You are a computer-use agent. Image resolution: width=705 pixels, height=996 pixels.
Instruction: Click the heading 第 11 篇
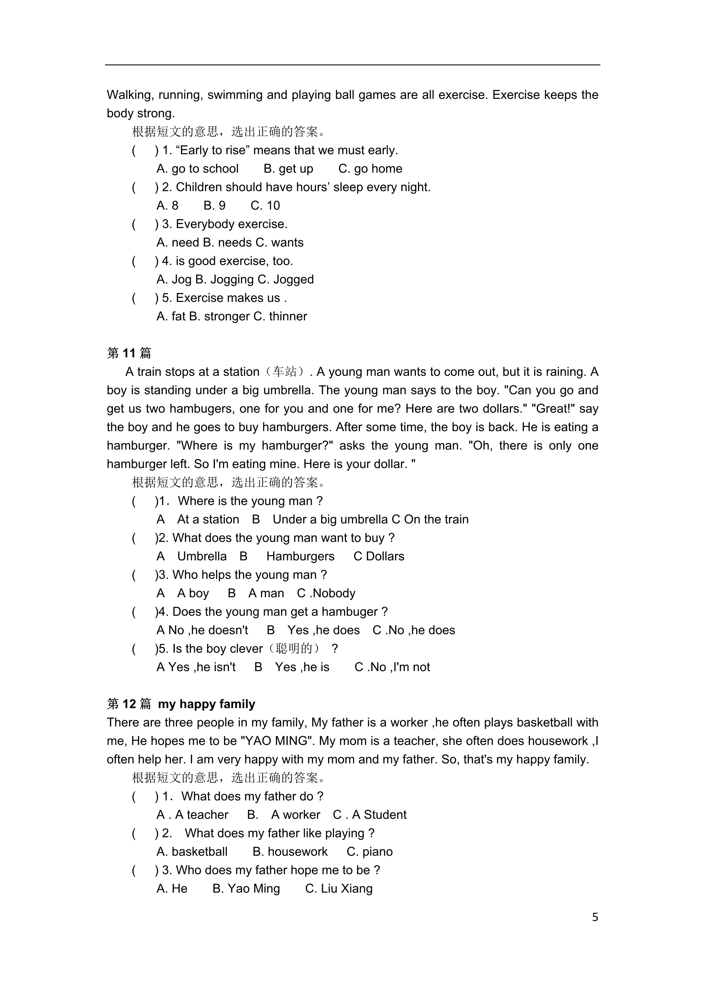pos(129,353)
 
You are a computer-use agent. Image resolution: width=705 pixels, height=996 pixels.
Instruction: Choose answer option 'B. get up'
pos(288,169)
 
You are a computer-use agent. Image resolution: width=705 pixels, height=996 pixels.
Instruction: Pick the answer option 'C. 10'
pos(265,206)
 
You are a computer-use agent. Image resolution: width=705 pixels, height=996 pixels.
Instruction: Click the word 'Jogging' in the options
pos(227,279)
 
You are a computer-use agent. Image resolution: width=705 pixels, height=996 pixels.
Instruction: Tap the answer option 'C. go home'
pos(370,169)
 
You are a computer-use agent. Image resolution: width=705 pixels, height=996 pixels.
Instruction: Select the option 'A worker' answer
pos(296,815)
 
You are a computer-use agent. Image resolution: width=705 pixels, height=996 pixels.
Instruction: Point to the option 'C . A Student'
pos(370,815)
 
